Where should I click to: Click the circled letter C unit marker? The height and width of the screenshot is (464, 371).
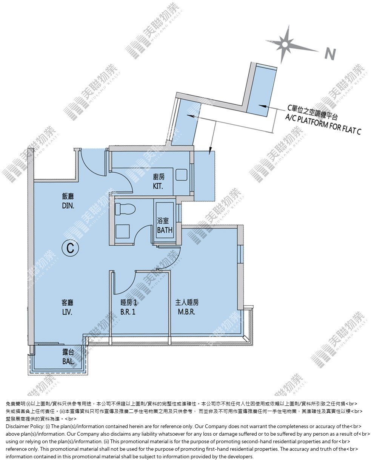70,248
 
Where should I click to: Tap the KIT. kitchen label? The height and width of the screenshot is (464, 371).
158,186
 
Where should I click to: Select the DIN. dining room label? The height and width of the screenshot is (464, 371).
68,206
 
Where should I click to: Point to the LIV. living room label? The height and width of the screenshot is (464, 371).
67,312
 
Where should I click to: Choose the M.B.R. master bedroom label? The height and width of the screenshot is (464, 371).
186,312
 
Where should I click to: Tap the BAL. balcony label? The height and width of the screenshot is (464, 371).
69,361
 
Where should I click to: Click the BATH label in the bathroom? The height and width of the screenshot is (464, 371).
165,230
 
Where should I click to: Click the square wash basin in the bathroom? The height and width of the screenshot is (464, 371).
122,231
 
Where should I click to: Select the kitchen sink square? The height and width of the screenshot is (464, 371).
181,175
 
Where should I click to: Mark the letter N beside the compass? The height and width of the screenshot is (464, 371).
330,54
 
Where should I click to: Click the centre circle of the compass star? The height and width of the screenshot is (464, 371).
285,45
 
